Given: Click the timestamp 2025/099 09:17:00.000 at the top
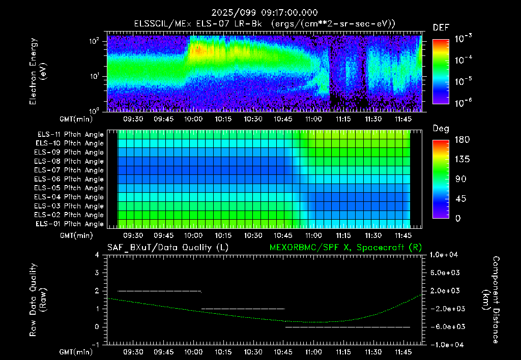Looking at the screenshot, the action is [x=265, y=13].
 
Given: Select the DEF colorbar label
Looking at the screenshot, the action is [x=441, y=27].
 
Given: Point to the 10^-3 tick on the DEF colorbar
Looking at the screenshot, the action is [x=464, y=39].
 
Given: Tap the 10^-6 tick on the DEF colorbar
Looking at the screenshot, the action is [x=464, y=103].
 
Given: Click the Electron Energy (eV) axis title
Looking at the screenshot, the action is [x=38, y=71].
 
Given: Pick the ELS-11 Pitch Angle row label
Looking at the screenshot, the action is [x=70, y=135].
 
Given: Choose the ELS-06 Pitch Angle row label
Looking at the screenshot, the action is [x=69, y=179].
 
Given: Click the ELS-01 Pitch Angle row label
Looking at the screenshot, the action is [x=70, y=224].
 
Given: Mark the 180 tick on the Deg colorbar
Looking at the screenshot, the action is [x=462, y=139].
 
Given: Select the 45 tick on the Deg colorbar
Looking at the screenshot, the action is [x=460, y=199].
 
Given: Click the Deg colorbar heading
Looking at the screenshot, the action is [x=441, y=129].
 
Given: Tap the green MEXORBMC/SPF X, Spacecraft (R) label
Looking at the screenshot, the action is [x=345, y=248].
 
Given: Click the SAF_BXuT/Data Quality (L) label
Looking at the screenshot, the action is [x=168, y=248].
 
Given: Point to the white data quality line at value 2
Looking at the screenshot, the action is [x=159, y=291].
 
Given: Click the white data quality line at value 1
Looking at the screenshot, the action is [x=243, y=309].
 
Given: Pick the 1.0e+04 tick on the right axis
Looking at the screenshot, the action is [x=444, y=255].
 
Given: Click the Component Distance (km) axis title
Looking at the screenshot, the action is [x=491, y=299].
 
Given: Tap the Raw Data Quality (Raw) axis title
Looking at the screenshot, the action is [x=38, y=299].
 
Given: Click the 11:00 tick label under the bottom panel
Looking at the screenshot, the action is [x=313, y=352].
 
